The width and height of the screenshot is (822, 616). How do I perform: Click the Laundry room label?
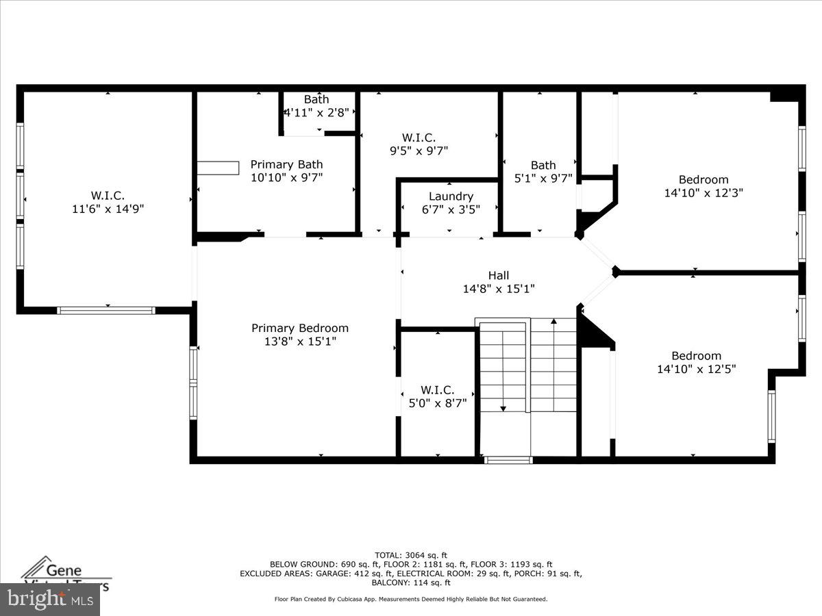[451, 196]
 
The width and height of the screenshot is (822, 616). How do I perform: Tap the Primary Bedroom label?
[299, 328]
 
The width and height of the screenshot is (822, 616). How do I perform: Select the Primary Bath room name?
[286, 164]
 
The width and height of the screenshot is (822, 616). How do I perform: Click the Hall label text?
[498, 275]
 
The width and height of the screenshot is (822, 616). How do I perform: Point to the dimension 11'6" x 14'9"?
[108, 209]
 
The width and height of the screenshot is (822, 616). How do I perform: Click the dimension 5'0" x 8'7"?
[437, 403]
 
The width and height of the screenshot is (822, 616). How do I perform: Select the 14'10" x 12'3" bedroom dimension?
[703, 193]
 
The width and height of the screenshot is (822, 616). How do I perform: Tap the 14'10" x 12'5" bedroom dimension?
[696, 369]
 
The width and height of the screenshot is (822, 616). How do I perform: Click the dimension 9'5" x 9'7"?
[418, 151]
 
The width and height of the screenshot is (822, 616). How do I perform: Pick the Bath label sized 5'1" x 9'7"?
[543, 165]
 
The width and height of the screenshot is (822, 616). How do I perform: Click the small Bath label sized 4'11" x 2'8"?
[316, 99]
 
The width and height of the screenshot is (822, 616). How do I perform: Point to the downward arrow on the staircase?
[503, 408]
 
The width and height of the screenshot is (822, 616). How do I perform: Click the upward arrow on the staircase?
[553, 321]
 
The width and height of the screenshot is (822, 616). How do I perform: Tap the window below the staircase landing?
[508, 460]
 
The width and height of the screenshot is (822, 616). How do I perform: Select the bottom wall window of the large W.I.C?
[106, 310]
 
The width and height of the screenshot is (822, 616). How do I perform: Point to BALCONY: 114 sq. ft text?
[411, 582]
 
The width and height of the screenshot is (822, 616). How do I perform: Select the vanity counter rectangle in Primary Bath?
[219, 168]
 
